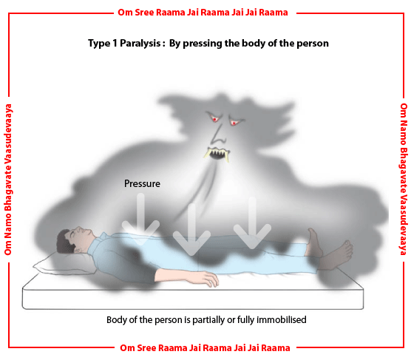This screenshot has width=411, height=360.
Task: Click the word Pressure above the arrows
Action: pos(142,183)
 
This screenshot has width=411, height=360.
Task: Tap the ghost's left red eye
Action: pos(215,119)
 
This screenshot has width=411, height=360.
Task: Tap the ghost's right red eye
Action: pos(234,122)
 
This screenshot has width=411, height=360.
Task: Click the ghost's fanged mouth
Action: pos(217,153)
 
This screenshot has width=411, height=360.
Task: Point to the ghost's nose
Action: pos(219,135)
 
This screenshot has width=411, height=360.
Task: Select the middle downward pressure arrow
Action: pos(191,229)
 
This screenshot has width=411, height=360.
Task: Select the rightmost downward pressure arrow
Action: pos(252,223)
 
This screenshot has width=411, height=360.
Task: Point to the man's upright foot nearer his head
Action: pos(315,242)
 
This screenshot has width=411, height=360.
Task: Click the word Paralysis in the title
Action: pos(140,44)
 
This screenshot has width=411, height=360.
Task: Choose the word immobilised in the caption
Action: pos(281,320)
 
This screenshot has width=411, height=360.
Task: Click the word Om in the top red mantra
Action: pos(125,13)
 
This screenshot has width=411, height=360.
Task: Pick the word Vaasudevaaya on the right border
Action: pos(403,222)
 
